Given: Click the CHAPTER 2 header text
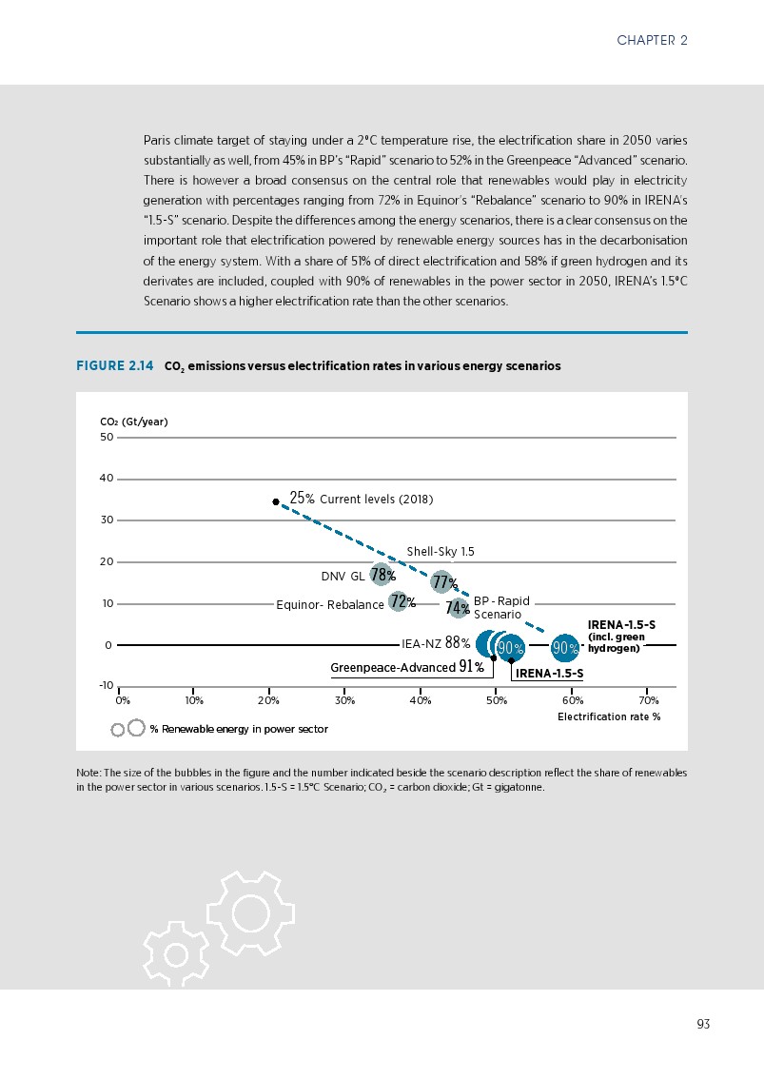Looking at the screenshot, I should (x=652, y=40).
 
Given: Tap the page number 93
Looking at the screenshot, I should (x=703, y=1024).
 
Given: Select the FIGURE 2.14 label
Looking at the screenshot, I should (x=114, y=366).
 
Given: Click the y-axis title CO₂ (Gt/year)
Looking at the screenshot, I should (x=133, y=422).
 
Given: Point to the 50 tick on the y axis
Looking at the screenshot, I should (x=107, y=438).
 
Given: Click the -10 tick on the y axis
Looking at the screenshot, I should (x=106, y=686).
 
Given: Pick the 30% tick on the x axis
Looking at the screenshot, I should (x=344, y=701).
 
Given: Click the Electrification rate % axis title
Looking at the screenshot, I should (x=608, y=716).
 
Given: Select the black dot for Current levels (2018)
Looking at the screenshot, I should (x=276, y=501).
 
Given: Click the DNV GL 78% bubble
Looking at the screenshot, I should (x=382, y=575).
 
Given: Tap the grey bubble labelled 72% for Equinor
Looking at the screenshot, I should (x=399, y=602).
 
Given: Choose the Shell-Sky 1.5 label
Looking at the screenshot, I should (x=441, y=552).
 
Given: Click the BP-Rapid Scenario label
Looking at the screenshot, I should (x=500, y=608).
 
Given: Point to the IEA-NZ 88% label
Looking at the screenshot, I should (x=436, y=644).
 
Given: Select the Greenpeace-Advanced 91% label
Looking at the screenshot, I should (x=406, y=667).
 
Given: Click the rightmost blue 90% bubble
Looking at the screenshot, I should (x=565, y=648).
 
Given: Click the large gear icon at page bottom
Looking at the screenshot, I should (x=250, y=912).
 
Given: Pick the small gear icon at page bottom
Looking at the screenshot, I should (x=176, y=953).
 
